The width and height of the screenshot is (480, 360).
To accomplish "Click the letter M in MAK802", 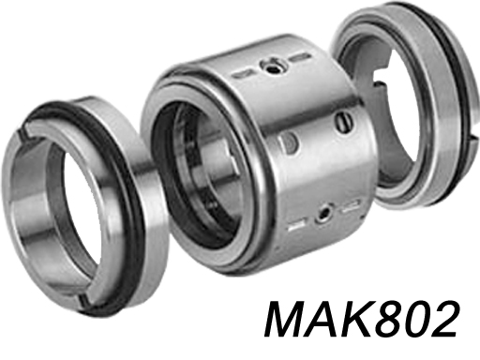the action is (287, 319).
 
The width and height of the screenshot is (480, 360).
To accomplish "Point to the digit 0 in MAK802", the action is (416, 320).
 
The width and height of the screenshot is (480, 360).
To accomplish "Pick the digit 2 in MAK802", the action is (443, 319).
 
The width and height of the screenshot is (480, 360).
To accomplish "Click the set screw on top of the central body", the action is (272, 65).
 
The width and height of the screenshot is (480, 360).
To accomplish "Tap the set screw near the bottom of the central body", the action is (323, 214).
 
